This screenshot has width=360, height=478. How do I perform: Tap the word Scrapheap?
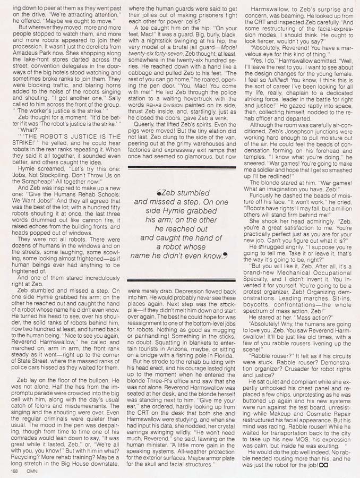(x=37, y=183)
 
